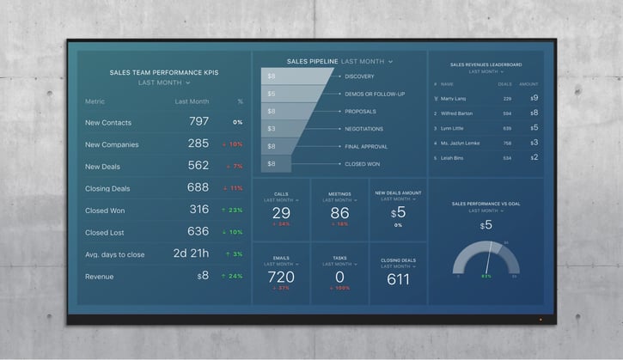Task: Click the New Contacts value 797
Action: pyautogui.click(x=199, y=122)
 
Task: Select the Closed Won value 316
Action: pyautogui.click(x=199, y=210)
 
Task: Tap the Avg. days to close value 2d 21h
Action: pyautogui.click(x=192, y=254)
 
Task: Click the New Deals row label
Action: pyautogui.click(x=103, y=166)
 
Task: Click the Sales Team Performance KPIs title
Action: pyautogui.click(x=164, y=72)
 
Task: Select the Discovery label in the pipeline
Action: pyautogui.click(x=359, y=76)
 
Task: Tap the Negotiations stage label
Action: pyautogui.click(x=365, y=129)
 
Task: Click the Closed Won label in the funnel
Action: pyautogui.click(x=362, y=163)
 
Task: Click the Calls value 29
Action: pyautogui.click(x=281, y=213)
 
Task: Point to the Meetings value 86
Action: pyautogui.click(x=340, y=213)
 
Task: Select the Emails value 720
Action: pyautogui.click(x=281, y=277)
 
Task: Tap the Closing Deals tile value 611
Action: pyautogui.click(x=398, y=279)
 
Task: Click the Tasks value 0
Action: pyautogui.click(x=340, y=277)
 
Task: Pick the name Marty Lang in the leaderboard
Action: pyautogui.click(x=453, y=99)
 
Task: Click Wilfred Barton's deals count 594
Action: pyautogui.click(x=507, y=113)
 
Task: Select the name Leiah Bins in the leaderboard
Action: pyautogui.click(x=452, y=158)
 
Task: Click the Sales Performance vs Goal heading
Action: pyautogui.click(x=487, y=204)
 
